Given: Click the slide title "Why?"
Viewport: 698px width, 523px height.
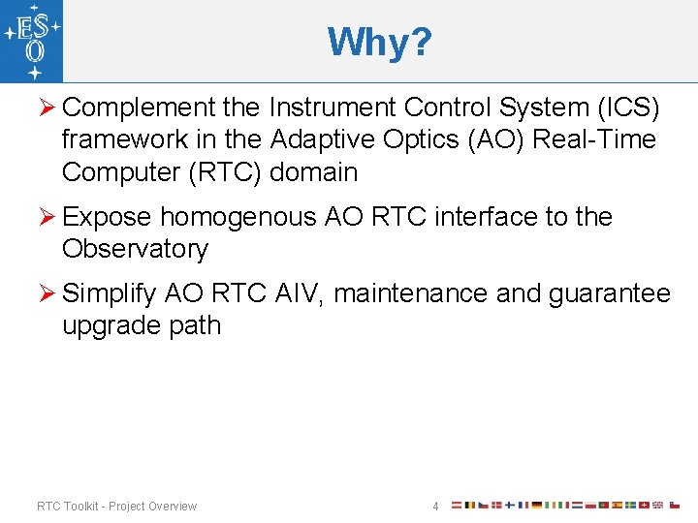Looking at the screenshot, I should (379, 42).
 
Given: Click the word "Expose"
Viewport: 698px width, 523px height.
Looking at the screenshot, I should (106, 216).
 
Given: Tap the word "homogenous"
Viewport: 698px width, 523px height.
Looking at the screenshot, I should (238, 216).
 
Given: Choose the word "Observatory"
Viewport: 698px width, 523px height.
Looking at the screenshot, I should (135, 249).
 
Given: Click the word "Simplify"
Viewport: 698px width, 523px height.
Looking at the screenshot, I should (110, 292).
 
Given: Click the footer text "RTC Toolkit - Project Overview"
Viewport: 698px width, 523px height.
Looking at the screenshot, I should (116, 506).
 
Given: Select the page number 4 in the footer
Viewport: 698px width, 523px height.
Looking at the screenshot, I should (435, 506).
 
